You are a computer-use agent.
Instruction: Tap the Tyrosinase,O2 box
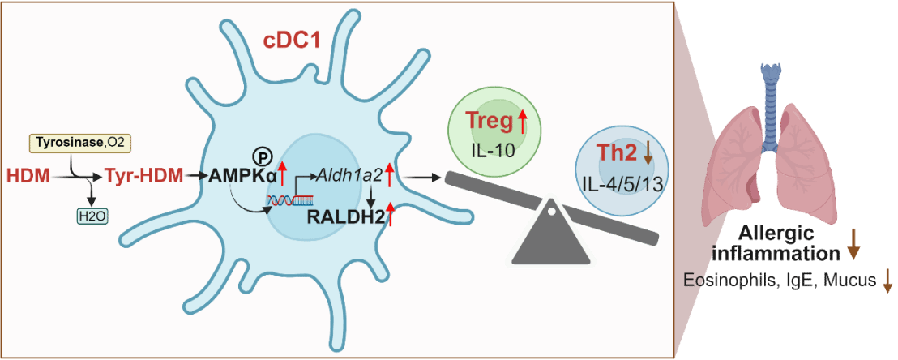(80, 144)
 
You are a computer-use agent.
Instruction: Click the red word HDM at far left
(28, 174)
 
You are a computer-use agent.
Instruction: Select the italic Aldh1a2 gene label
(351, 174)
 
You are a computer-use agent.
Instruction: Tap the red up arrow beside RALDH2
(390, 215)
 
